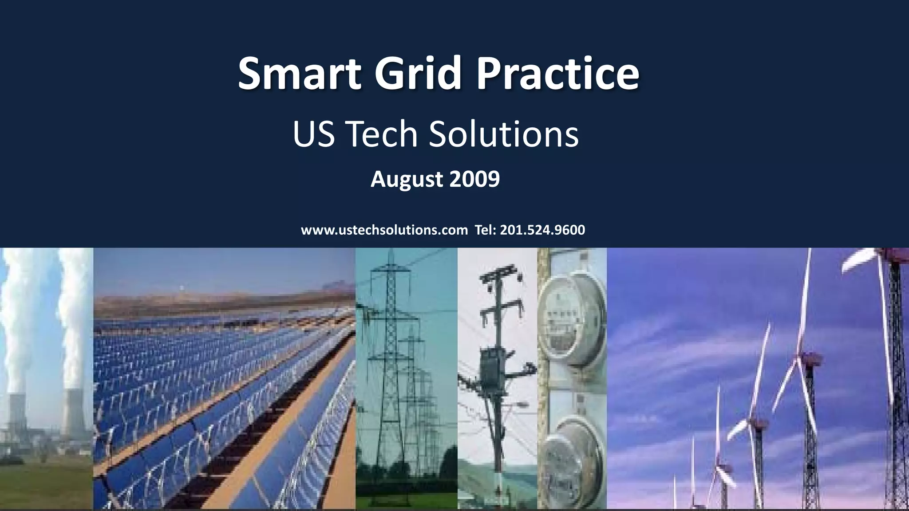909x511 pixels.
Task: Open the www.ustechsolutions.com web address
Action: [x=384, y=230]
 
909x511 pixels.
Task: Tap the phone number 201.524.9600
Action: [x=542, y=230]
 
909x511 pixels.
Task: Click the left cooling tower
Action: [x=17, y=417]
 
